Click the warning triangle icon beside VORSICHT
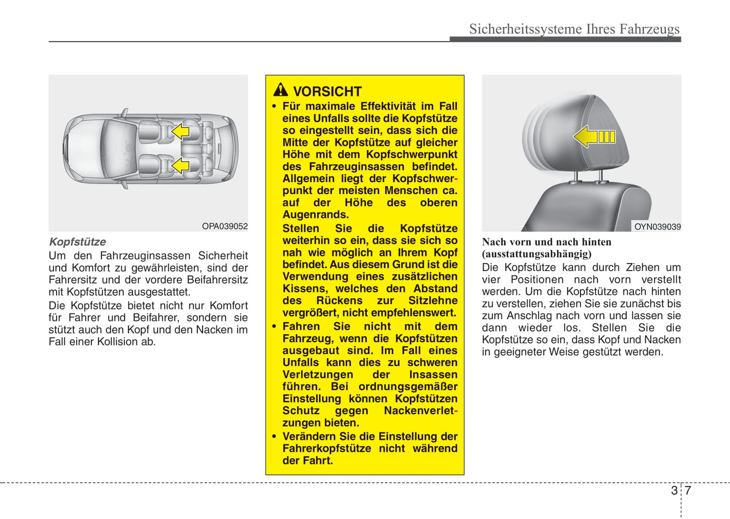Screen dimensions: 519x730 click(280, 90)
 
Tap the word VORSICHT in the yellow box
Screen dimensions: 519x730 click(327, 92)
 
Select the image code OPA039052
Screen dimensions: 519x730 click(225, 226)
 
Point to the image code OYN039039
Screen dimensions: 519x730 click(657, 227)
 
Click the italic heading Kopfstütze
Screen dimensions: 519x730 click(77, 242)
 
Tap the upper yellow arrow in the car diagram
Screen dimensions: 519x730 click(180, 132)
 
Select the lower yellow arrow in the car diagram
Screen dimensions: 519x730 click(180, 165)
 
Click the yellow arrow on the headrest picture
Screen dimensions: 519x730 click(594, 137)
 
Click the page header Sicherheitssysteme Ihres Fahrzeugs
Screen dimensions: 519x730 click(574, 29)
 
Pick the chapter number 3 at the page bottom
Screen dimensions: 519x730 click(674, 490)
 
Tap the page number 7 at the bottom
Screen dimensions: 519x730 click(688, 490)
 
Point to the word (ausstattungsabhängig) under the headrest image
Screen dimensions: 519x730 click(537, 254)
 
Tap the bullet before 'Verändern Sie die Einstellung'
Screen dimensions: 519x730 click(274, 437)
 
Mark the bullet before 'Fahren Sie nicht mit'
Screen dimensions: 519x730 click(274, 327)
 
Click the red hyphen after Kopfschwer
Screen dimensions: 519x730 click(456, 179)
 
